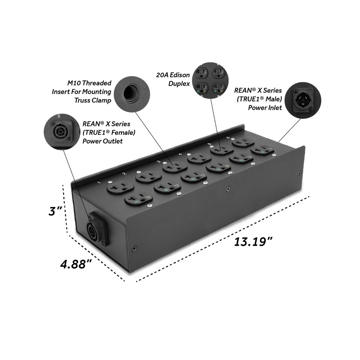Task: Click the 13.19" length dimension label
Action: [253, 241]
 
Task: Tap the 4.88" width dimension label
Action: [76, 264]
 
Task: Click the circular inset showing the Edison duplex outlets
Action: [211, 81]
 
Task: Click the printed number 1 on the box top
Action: [99, 183]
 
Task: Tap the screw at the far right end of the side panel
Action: [299, 173]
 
